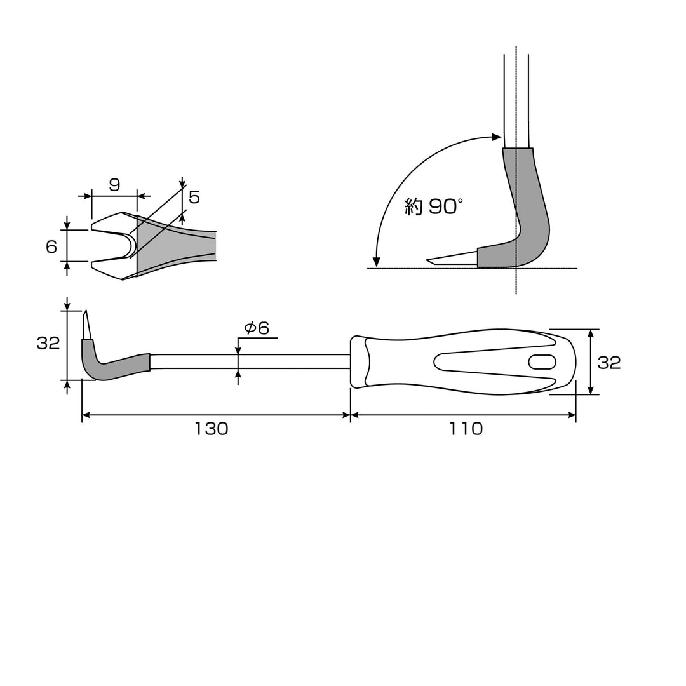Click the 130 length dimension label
pyautogui.click(x=212, y=429)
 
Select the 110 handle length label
pyautogui.click(x=466, y=429)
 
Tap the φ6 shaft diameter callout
pyautogui.click(x=257, y=328)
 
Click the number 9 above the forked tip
pyautogui.click(x=114, y=185)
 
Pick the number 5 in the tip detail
pyautogui.click(x=194, y=198)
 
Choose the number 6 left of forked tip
pyautogui.click(x=51, y=246)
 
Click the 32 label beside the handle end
pyautogui.click(x=609, y=363)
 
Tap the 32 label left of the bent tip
pyautogui.click(x=48, y=344)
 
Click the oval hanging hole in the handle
pyautogui.click(x=542, y=362)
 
